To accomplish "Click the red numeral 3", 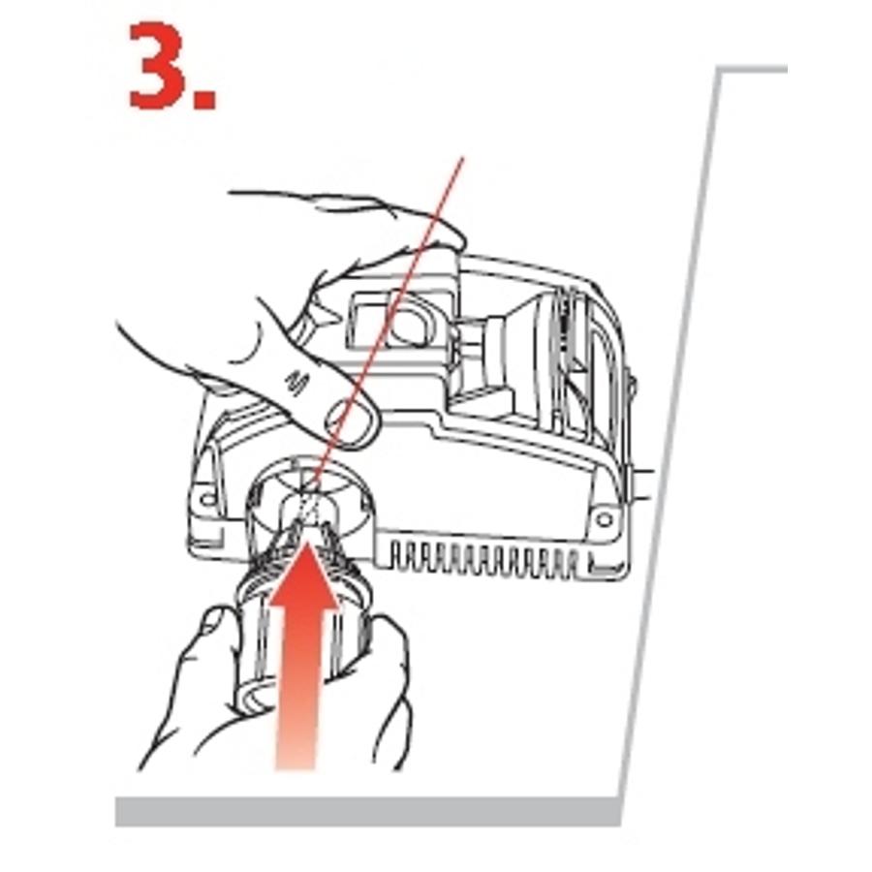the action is tap(158, 66).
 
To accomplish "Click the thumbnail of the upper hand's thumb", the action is tap(352, 423).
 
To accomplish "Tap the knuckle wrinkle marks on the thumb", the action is tap(296, 383).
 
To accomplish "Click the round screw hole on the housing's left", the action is tap(208, 498).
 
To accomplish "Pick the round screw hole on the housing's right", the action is tap(604, 520).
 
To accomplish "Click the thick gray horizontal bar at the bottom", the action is tap(368, 811).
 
